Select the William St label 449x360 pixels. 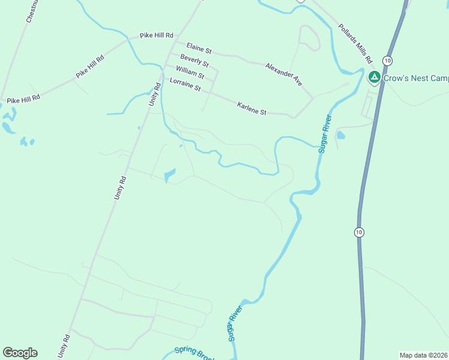click(x=190, y=73)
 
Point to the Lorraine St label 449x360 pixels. click(x=185, y=85)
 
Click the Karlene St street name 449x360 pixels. click(x=252, y=108)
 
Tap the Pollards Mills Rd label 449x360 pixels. click(x=356, y=44)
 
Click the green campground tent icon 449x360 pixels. click(x=374, y=77)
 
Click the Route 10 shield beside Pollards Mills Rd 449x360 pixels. click(x=388, y=61)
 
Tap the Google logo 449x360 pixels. click(x=20, y=353)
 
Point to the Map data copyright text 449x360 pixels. click(x=424, y=355)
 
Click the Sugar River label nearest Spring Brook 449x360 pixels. click(x=235, y=324)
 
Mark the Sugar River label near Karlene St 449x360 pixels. click(x=325, y=134)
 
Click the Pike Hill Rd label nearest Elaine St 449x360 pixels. click(x=156, y=36)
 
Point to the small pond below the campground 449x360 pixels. click(x=341, y=135)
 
